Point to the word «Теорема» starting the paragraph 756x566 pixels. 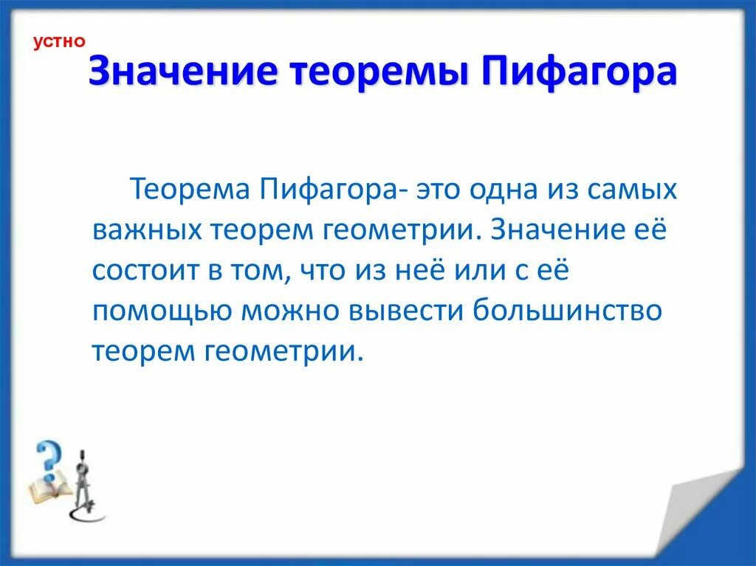[x=190, y=191]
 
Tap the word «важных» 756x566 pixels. [x=148, y=231]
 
